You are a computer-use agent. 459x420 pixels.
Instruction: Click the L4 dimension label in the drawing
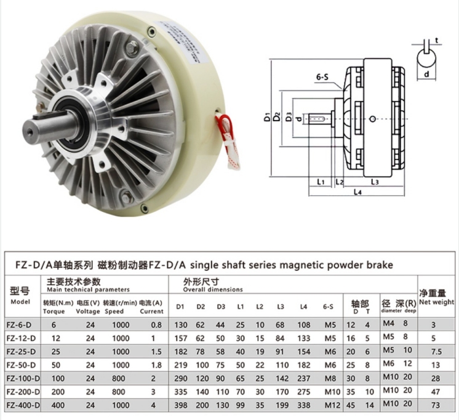pos(357,192)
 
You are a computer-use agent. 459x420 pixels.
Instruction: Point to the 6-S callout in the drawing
pos(322,78)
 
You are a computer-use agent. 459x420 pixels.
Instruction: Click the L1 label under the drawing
pos(321,182)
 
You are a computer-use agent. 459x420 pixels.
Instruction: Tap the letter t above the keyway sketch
pos(436,40)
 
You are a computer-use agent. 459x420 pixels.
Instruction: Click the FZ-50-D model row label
pos(21,365)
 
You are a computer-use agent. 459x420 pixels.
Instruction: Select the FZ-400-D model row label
pos(23,405)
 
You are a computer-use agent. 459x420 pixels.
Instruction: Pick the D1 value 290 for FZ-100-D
pos(181,378)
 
